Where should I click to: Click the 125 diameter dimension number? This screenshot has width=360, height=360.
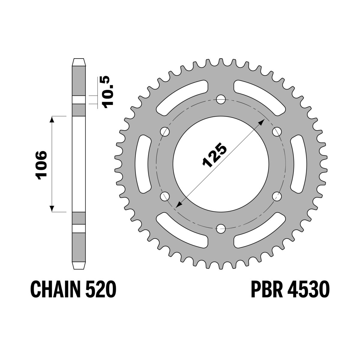[215, 155]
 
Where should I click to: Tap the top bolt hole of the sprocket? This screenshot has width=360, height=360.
[221, 99]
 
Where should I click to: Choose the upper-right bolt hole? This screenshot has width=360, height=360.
[277, 131]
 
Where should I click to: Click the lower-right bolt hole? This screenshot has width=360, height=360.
[277, 196]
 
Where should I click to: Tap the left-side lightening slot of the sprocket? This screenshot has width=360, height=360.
[144, 164]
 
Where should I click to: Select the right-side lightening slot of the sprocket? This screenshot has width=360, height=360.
[298, 164]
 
